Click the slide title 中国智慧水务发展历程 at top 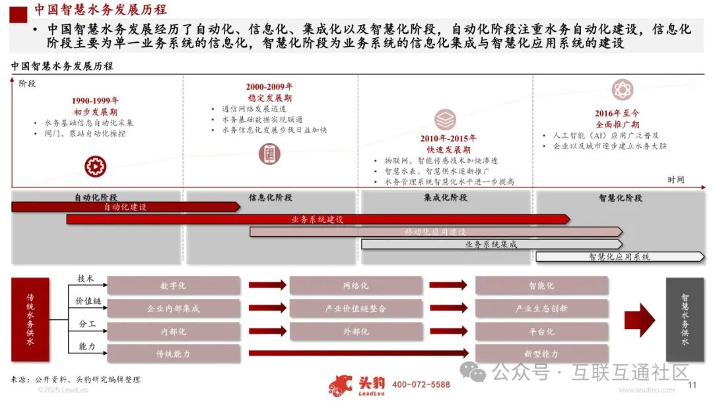click(x=100, y=10)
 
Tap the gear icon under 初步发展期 click(x=95, y=166)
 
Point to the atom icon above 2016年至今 click(x=622, y=90)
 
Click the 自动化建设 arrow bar click(x=125, y=207)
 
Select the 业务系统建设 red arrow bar click(x=317, y=219)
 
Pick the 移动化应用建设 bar click(x=436, y=231)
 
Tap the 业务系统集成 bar click(x=491, y=244)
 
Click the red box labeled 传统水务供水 click(x=30, y=319)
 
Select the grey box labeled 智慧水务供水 click(x=685, y=319)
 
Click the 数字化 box click(x=174, y=286)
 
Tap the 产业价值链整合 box click(x=356, y=308)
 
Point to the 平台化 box click(x=541, y=331)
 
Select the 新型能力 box click(x=541, y=354)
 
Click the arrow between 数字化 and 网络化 click(x=267, y=286)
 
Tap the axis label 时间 click(x=675, y=179)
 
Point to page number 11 click(x=693, y=386)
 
